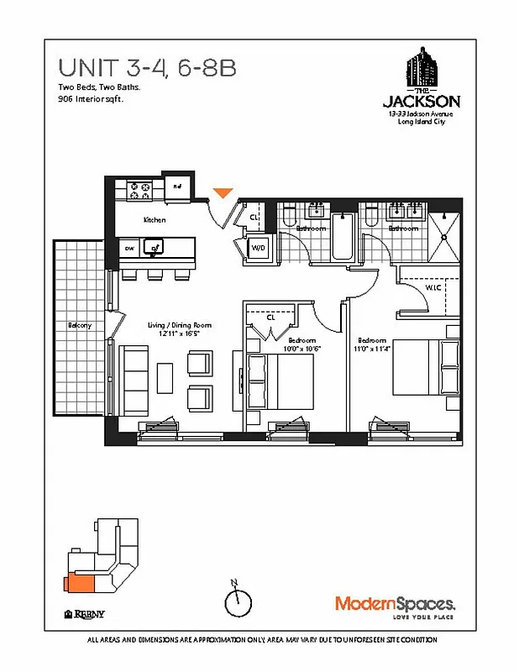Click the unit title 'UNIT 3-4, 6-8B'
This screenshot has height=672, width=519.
pyautogui.click(x=147, y=68)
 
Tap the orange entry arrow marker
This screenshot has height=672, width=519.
pyautogui.click(x=223, y=194)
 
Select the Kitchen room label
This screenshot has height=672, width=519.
pyautogui.click(x=155, y=220)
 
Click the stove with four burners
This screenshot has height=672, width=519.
pyautogui.click(x=139, y=192)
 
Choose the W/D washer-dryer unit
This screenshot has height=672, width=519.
pyautogui.click(x=259, y=249)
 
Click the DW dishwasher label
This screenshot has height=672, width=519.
pyautogui.click(x=129, y=248)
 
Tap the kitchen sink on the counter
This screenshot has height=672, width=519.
pyautogui.click(x=155, y=247)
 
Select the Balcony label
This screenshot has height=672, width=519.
pyautogui.click(x=80, y=325)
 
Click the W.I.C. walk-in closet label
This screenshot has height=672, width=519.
pyautogui.click(x=433, y=288)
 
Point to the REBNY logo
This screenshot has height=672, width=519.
pyautogui.click(x=85, y=612)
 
